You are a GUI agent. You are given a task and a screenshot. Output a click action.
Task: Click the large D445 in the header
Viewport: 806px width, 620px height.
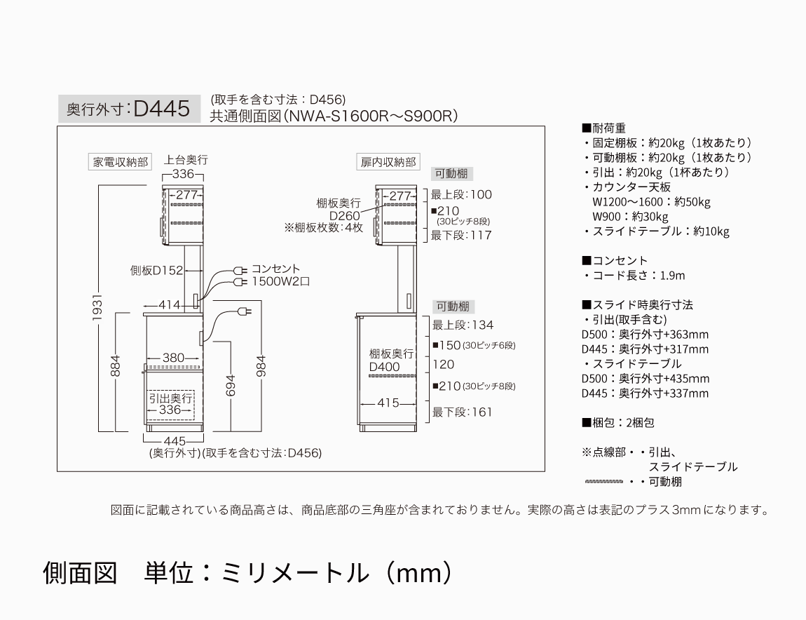(161, 109)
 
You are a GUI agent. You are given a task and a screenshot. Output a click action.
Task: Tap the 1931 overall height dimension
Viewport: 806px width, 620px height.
(97, 308)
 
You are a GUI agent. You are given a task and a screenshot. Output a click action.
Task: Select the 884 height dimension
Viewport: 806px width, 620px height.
(115, 366)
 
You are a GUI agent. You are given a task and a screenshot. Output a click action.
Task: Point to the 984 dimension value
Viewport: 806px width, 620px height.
(261, 366)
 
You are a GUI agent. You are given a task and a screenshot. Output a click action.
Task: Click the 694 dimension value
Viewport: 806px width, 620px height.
(231, 385)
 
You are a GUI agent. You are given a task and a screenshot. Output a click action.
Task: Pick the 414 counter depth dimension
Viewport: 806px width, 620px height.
(169, 305)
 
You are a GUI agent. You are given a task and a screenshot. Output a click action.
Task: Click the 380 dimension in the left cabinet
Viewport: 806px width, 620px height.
(173, 358)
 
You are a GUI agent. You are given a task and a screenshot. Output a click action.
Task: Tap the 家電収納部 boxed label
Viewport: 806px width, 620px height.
(121, 162)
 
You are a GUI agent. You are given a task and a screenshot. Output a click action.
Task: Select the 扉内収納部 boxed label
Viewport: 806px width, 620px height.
(388, 162)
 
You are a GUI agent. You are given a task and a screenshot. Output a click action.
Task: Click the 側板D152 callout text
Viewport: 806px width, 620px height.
(156, 270)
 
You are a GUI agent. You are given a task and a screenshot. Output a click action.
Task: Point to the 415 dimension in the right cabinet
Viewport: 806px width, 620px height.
(388, 403)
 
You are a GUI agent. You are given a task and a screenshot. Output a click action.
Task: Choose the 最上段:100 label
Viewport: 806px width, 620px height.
(461, 194)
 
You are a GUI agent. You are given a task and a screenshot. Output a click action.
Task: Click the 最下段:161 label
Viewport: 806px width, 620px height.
(462, 412)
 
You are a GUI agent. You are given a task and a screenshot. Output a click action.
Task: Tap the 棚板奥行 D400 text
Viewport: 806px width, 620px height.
(391, 360)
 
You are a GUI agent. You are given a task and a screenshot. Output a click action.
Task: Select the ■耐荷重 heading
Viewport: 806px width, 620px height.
(603, 128)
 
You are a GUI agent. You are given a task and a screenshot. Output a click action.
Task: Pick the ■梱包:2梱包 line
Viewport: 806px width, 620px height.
(618, 423)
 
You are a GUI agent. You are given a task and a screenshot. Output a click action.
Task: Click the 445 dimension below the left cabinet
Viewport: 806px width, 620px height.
(175, 441)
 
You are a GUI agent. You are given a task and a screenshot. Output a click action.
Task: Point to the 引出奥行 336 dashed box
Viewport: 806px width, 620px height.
(170, 405)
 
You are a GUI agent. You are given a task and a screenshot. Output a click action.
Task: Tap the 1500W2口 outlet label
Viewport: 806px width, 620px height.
(280, 281)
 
